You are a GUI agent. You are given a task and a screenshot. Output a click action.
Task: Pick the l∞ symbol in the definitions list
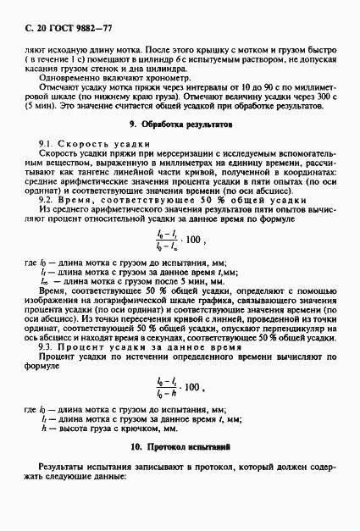(46, 279)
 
